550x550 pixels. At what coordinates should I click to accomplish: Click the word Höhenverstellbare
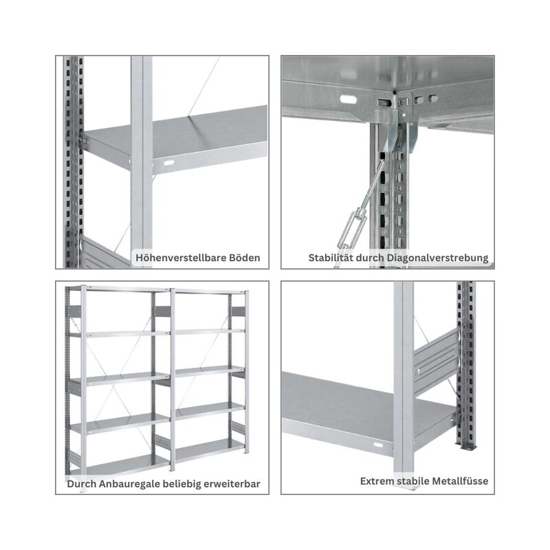point(181,258)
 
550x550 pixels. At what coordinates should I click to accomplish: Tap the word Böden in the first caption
point(245,258)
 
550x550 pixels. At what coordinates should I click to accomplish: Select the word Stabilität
point(331,258)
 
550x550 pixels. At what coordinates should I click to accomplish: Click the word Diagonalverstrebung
point(437,258)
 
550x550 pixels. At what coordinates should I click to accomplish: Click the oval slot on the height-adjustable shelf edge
point(169,163)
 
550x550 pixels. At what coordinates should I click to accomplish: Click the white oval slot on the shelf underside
point(348,100)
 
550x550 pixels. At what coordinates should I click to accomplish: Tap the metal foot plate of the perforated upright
point(467,447)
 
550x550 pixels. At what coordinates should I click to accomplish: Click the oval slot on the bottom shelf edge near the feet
point(378,445)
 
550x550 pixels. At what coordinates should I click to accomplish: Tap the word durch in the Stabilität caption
point(370,258)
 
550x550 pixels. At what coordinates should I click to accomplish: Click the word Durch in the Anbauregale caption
point(81,484)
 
